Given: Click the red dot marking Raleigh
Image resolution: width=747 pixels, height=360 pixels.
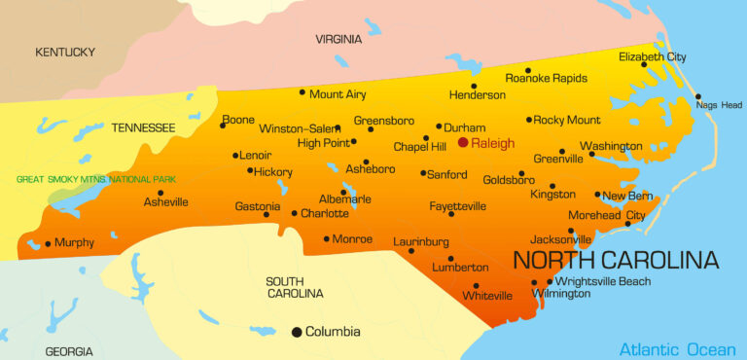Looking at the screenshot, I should (463, 142).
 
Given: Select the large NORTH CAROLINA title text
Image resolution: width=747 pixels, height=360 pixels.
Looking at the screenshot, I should (616, 260).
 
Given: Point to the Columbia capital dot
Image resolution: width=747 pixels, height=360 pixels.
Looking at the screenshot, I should (297, 332).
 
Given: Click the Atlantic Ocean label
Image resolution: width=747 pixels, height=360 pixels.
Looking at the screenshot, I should (678, 349).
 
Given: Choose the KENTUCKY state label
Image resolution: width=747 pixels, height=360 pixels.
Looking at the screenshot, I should (65, 52).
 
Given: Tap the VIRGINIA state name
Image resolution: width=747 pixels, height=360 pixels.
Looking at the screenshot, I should (338, 39).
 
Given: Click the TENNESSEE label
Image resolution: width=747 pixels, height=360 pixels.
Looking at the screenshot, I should (143, 127).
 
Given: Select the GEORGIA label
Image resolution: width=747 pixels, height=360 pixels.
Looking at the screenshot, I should (68, 351).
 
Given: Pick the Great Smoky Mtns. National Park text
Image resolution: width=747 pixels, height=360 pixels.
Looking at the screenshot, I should (89, 179).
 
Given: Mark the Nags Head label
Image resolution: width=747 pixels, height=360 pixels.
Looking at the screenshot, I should (719, 105).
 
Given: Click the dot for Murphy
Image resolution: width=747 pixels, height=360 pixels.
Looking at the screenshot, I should (48, 243).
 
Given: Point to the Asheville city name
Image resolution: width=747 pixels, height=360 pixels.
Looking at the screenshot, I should (166, 202).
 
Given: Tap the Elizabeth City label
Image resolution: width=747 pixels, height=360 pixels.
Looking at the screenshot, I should (653, 57).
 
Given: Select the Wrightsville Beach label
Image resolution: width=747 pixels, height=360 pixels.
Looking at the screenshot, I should (603, 281).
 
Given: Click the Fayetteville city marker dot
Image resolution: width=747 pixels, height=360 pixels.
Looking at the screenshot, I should (451, 213).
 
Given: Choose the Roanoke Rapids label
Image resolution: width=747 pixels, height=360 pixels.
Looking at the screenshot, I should (547, 78).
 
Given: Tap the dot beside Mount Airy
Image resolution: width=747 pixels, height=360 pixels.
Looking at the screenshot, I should (302, 93).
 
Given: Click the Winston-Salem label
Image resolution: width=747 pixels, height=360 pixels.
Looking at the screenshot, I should (300, 128).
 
